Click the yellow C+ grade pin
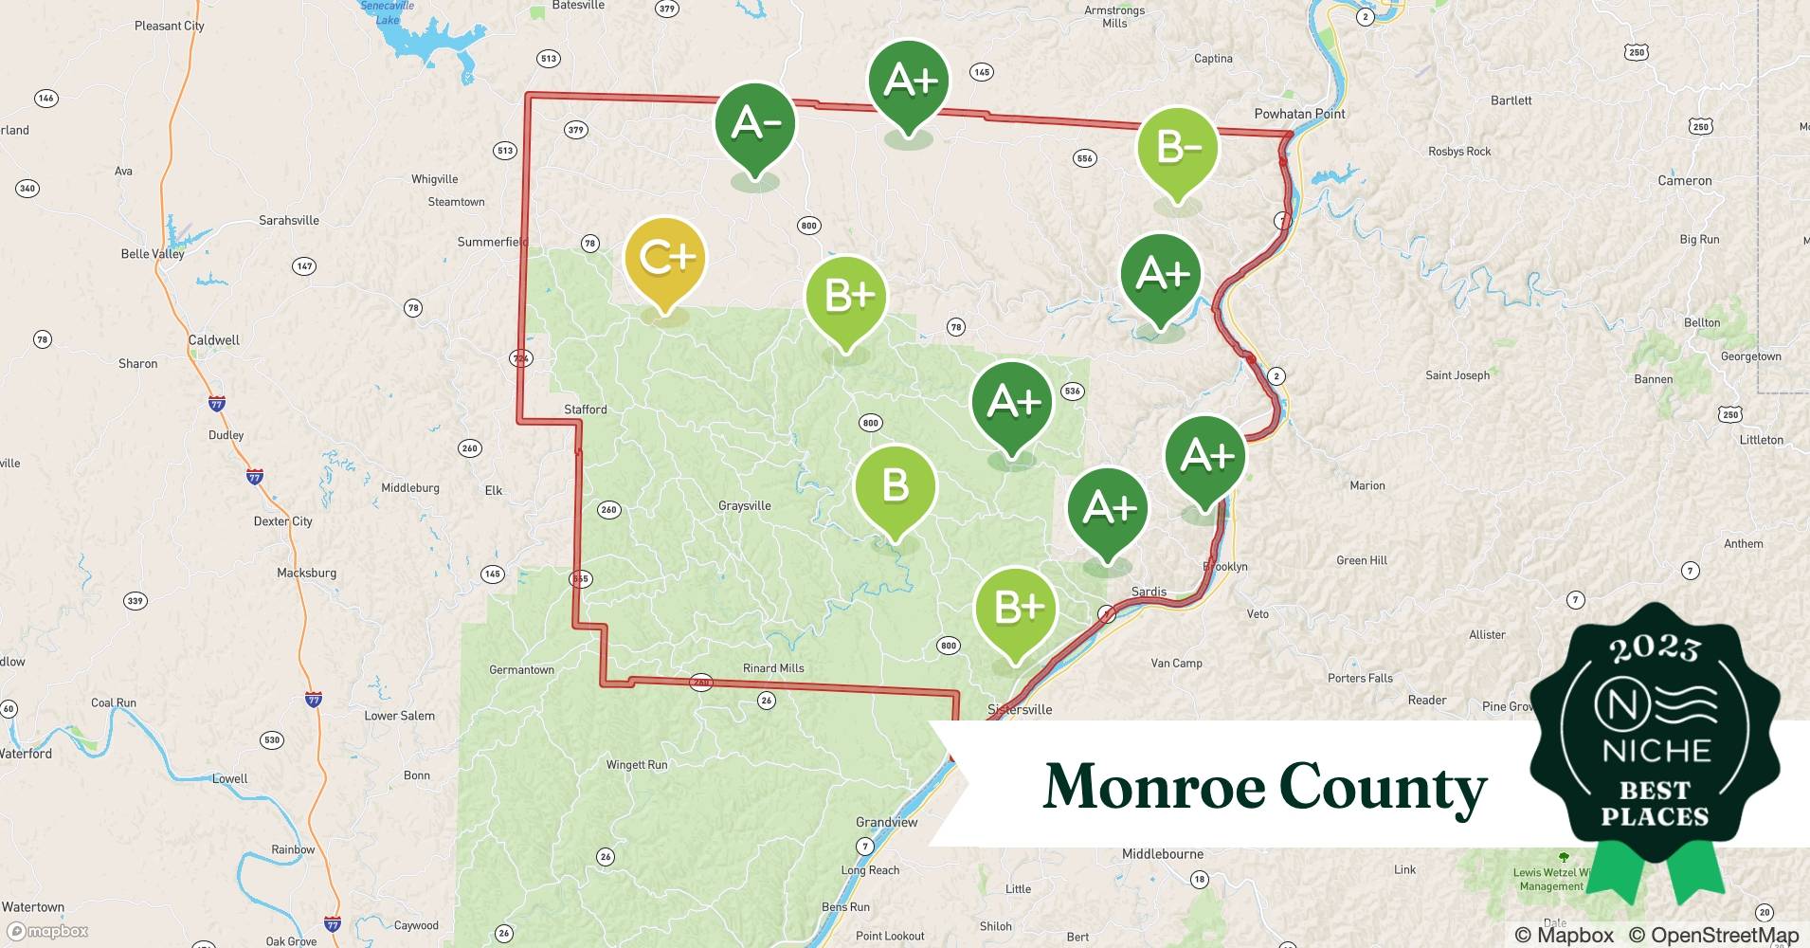coord(665,259)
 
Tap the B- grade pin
coord(1178,149)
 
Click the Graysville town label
coord(744,505)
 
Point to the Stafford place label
coord(585,410)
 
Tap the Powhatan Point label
coord(1299,114)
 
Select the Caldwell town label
coord(213,340)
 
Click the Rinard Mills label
coord(773,668)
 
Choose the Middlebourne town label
coord(1163,854)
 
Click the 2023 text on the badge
coord(1655,648)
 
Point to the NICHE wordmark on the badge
coord(1656,751)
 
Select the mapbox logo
coord(48,931)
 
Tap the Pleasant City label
coord(169,26)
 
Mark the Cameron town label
coord(1684,181)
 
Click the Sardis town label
coord(1149,592)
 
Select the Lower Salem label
coord(399,716)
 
